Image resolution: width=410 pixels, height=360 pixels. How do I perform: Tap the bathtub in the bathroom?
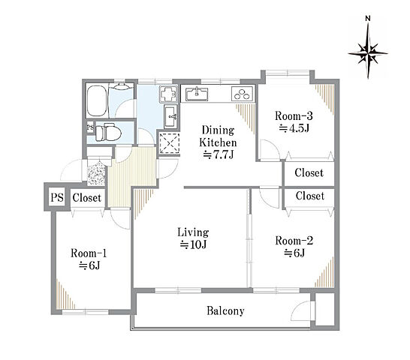coord(97,101)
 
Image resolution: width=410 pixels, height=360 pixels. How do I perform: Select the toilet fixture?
coord(108,133)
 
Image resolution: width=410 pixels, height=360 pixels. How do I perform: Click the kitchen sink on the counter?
coord(197,94)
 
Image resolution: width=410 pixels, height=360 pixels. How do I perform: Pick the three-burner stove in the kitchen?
coord(242,94)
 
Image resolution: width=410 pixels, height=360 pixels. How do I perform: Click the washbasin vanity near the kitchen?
coord(170,116)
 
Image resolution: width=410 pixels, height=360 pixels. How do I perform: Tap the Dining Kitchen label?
coord(218,142)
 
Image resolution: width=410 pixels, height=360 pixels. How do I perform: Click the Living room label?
coord(193,238)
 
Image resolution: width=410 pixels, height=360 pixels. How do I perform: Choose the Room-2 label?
coord(294,247)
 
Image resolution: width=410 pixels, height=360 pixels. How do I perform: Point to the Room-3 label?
coord(294,122)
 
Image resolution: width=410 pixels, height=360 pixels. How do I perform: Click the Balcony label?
coord(225,311)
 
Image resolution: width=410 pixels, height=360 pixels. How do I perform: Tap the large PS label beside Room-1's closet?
coord(57,197)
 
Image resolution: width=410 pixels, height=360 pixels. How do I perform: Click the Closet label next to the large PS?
coord(87,198)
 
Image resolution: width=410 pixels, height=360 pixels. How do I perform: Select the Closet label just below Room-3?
coord(309,172)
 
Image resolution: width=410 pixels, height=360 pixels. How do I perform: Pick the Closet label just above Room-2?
coord(310,196)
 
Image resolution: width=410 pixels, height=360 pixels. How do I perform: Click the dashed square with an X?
coord(170,143)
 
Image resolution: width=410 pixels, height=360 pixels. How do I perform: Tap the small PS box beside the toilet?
coord(90,127)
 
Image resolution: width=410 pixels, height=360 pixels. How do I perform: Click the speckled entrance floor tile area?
coord(96,172)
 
